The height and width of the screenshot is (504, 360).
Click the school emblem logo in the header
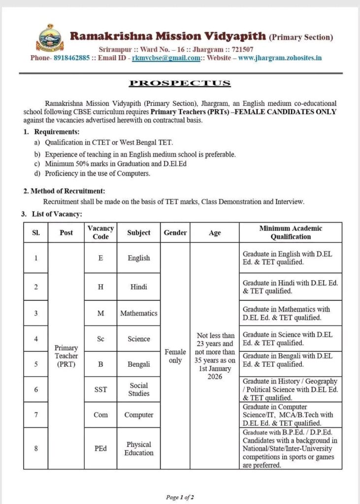tap(50, 38)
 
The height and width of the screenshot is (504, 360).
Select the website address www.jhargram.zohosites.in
tap(280, 58)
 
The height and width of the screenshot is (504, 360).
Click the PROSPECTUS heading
tap(180, 83)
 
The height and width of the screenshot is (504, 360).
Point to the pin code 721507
tap(240, 49)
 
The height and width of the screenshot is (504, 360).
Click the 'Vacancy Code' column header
tap(100, 232)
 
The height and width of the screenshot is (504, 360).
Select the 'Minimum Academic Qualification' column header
tap(291, 232)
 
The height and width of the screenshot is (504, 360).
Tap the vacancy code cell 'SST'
tap(100, 389)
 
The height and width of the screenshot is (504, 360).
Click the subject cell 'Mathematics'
tap(138, 313)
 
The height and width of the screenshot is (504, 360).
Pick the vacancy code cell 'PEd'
tap(100, 448)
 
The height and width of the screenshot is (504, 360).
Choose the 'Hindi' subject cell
tap(138, 287)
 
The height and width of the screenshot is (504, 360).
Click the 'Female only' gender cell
tap(175, 356)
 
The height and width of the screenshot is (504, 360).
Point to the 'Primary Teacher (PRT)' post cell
tap(66, 356)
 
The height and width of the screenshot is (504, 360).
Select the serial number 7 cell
tap(36, 414)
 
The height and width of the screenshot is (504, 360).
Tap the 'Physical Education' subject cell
tap(138, 448)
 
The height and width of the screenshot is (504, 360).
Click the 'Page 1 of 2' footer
tap(180, 497)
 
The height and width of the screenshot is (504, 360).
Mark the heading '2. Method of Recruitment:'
tap(64, 191)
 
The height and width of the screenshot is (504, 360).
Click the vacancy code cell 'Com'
tap(100, 415)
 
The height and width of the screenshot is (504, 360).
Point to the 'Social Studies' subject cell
tap(138, 389)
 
